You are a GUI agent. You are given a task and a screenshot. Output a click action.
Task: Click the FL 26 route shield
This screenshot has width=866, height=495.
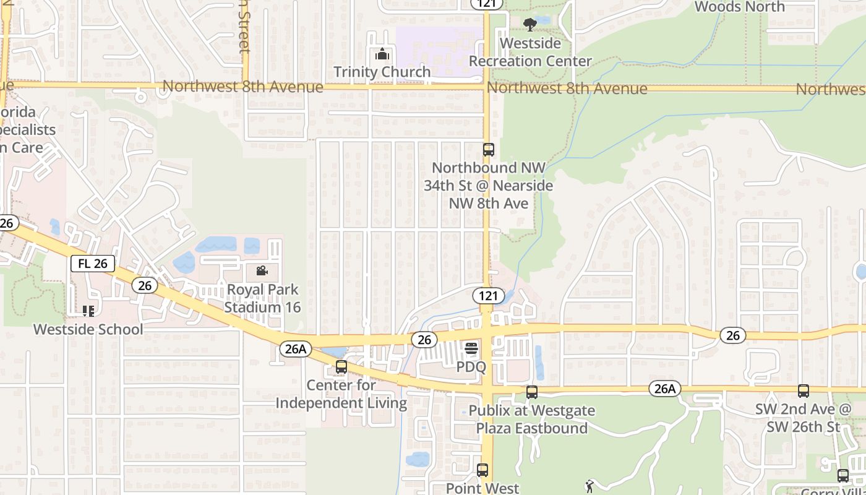pyautogui.click(x=93, y=264)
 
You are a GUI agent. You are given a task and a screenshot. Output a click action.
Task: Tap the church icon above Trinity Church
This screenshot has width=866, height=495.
pyautogui.click(x=382, y=54)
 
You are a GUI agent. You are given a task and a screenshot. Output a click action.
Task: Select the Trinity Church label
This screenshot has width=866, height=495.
pyautogui.click(x=382, y=72)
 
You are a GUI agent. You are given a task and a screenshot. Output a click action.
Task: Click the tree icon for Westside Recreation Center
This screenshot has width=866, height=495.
pyautogui.click(x=529, y=25)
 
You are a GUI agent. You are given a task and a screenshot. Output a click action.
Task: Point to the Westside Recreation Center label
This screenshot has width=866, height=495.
pyautogui.click(x=530, y=53)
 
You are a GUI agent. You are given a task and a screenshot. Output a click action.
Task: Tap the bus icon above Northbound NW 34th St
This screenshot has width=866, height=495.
pyautogui.click(x=489, y=149)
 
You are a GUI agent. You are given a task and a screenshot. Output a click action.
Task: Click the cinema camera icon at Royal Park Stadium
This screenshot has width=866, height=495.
pyautogui.click(x=262, y=271)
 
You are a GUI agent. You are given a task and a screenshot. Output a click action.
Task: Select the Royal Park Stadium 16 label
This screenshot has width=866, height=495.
pyautogui.click(x=262, y=298)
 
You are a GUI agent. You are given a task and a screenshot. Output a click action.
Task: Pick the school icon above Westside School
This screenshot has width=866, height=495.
pyautogui.click(x=88, y=311)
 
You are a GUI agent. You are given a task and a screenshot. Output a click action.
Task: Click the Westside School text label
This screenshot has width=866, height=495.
pyautogui.click(x=88, y=329)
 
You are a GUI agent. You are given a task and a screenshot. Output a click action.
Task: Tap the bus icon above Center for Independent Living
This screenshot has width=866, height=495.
pyautogui.click(x=341, y=367)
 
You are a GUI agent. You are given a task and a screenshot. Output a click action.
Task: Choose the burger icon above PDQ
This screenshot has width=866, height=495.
pyautogui.click(x=471, y=349)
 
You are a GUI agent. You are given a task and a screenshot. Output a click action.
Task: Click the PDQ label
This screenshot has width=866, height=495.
pyautogui.click(x=471, y=367)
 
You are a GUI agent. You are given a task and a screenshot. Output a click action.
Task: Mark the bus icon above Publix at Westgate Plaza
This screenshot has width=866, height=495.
pyautogui.click(x=531, y=392)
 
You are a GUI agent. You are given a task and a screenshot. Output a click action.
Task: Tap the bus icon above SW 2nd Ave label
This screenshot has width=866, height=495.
pyautogui.click(x=803, y=391)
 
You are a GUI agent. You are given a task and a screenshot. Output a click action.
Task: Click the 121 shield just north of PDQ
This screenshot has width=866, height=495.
pyautogui.click(x=488, y=296)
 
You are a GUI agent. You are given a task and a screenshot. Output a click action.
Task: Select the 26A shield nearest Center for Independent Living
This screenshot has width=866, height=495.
pyautogui.click(x=296, y=349)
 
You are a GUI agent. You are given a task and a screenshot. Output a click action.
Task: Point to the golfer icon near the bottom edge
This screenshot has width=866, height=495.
pyautogui.click(x=589, y=486)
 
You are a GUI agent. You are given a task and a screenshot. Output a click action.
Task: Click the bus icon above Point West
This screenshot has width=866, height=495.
pyautogui.click(x=482, y=470)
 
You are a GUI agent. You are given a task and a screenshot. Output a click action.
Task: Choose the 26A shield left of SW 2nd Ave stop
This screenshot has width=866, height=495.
pyautogui.click(x=665, y=389)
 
